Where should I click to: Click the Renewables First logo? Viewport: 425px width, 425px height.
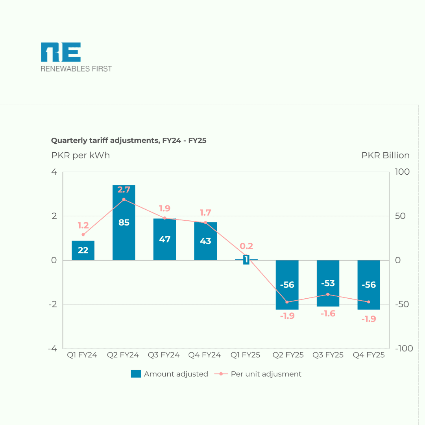click(76, 57)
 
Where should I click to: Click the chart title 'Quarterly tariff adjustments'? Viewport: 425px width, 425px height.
click(129, 140)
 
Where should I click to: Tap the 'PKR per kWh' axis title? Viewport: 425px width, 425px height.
click(80, 155)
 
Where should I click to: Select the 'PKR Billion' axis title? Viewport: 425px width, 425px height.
click(385, 155)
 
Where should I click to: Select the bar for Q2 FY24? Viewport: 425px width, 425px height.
click(124, 236)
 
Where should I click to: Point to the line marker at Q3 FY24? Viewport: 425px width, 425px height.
click(164, 218)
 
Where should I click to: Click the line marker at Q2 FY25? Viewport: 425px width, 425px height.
click(287, 302)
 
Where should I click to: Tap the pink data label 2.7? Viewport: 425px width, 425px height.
click(124, 190)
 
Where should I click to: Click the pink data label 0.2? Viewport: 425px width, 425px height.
click(246, 246)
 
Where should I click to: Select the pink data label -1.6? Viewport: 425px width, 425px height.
click(328, 314)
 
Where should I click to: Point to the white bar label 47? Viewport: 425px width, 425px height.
click(164, 239)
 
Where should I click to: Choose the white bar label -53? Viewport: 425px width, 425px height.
click(328, 283)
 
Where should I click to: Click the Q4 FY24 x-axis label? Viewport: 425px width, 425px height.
click(205, 355)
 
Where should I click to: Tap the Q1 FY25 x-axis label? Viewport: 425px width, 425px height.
click(245, 355)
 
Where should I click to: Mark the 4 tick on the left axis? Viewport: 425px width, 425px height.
click(54, 172)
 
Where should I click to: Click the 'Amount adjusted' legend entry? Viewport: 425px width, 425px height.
click(169, 374)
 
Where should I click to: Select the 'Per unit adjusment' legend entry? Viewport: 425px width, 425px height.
click(258, 374)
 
